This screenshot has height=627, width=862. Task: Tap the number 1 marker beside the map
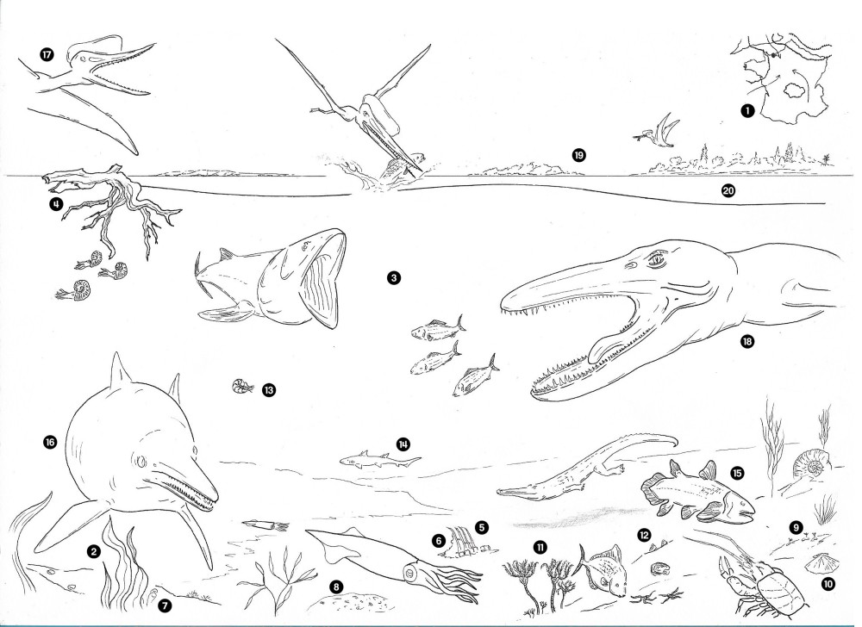(x=746, y=111)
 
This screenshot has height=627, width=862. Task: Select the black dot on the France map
(x=773, y=55)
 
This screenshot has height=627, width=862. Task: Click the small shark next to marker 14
(x=379, y=460)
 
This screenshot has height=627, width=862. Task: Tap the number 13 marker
(x=268, y=390)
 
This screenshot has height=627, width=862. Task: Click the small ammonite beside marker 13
(x=242, y=386)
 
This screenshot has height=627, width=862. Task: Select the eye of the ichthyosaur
(x=142, y=460)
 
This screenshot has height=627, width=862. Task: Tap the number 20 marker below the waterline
(x=728, y=190)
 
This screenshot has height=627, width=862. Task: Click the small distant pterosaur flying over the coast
(x=657, y=132)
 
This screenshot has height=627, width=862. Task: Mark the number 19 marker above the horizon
(x=578, y=155)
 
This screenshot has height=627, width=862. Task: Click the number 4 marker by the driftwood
(x=55, y=204)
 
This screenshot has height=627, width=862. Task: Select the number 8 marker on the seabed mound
(x=336, y=587)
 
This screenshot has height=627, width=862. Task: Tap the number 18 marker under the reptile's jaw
(x=746, y=342)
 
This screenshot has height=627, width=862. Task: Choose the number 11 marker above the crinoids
(x=540, y=546)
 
